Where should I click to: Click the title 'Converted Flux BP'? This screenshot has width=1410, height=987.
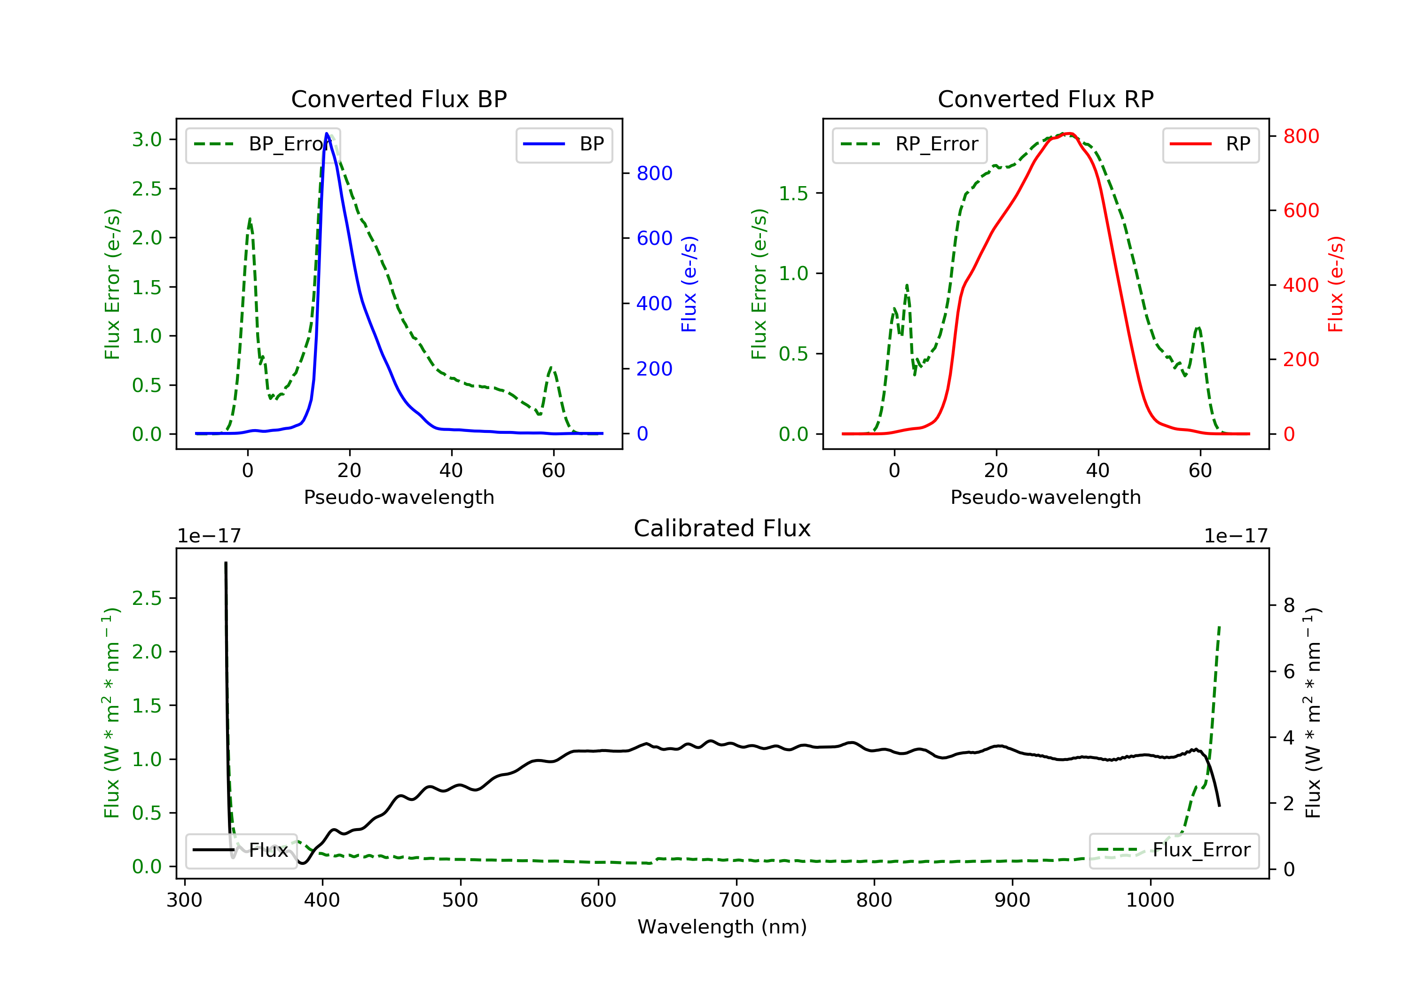tap(399, 99)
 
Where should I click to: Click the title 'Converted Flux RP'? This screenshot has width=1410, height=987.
tap(1045, 99)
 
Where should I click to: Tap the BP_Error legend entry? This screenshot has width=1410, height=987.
tap(263, 144)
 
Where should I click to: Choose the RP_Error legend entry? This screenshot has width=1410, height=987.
tap(909, 144)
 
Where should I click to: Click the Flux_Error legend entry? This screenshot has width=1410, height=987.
tap(1174, 850)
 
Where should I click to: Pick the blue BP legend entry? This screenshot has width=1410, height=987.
tap(564, 144)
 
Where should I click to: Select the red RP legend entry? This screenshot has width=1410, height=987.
tap(1210, 144)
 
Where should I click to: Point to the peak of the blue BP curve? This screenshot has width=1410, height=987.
tap(327, 133)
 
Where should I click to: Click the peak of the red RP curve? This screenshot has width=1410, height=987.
tap(1069, 133)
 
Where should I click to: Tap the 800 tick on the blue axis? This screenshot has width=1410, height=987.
tap(654, 173)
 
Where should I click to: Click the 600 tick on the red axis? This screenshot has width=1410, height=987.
tap(1300, 211)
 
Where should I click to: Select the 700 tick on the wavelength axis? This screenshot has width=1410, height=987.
tap(736, 901)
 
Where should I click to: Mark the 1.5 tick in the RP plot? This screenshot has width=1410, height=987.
tap(793, 194)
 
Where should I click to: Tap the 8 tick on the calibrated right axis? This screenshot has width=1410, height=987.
tap(1289, 605)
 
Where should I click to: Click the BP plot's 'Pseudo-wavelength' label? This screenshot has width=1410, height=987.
tap(399, 497)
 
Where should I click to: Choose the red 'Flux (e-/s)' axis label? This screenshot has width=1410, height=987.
tap(1336, 284)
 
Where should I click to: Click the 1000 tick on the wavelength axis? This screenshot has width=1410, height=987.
tap(1150, 901)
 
